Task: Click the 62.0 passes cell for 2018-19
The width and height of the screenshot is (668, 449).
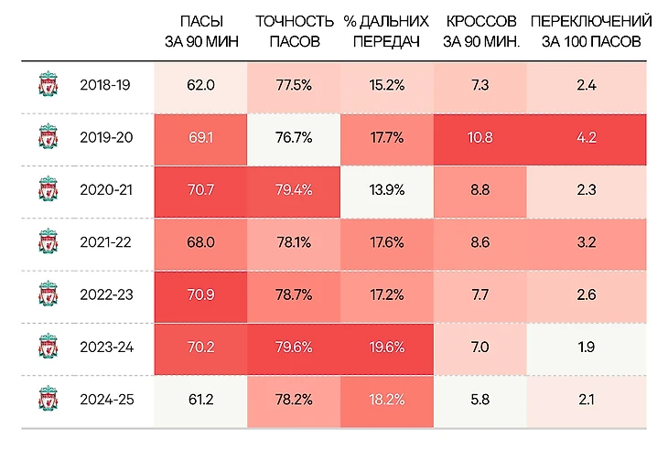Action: pos(199,85)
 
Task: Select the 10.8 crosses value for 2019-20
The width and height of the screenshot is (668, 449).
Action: pos(479,138)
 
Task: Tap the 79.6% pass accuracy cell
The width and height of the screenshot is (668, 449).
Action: pos(294,347)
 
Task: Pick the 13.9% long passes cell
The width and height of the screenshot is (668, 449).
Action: pos(386,190)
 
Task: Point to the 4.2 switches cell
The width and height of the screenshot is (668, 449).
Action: pos(587,138)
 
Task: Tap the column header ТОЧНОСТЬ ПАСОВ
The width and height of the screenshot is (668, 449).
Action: pos(294,30)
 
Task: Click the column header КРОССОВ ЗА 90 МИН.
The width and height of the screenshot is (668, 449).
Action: pos(479,30)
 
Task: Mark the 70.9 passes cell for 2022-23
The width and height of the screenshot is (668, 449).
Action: pos(199,295)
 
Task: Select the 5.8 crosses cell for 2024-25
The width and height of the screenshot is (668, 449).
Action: pos(479,399)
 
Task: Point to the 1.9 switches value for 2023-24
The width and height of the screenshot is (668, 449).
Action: pos(587,347)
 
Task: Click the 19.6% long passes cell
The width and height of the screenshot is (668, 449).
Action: pos(386,347)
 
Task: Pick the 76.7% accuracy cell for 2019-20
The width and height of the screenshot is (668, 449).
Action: pos(294,138)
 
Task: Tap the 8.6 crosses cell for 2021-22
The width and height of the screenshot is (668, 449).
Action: pos(479,243)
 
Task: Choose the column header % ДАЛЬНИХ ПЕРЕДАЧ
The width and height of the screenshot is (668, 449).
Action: pos(386,30)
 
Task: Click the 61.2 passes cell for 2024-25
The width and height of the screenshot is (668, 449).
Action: pos(199,399)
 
